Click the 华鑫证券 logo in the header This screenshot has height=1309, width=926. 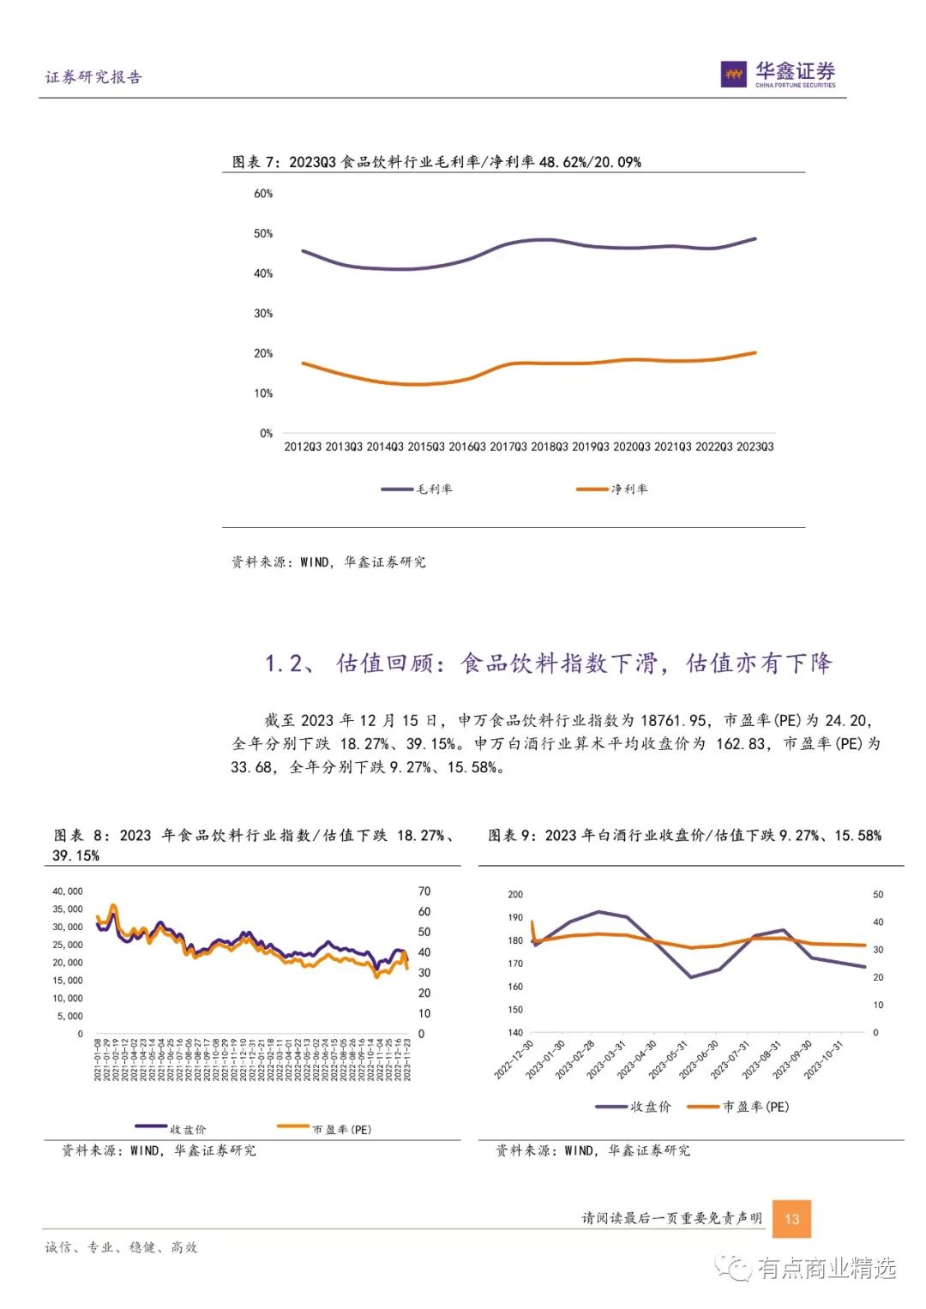coord(778,74)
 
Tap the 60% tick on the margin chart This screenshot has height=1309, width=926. coord(263,194)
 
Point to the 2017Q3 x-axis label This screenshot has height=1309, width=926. coord(508,447)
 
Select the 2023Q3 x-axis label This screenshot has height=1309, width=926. coord(755,447)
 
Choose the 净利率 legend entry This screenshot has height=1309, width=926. coord(612,489)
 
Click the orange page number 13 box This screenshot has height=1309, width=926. coord(791,1218)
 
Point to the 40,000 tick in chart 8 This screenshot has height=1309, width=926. coord(68,892)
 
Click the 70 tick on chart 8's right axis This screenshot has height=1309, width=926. coord(424,892)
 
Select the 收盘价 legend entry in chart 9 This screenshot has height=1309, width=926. coord(634,1107)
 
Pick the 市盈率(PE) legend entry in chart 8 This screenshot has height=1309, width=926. coord(325,1129)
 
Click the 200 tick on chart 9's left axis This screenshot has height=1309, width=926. coord(514,894)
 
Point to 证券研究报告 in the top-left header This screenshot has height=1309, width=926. coord(93,77)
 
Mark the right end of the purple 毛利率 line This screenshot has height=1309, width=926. coord(755,238)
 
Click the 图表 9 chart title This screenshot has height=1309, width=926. coord(684,836)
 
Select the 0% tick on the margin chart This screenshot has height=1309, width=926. coord(266,434)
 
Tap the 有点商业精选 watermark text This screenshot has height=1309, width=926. coord(827,1268)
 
